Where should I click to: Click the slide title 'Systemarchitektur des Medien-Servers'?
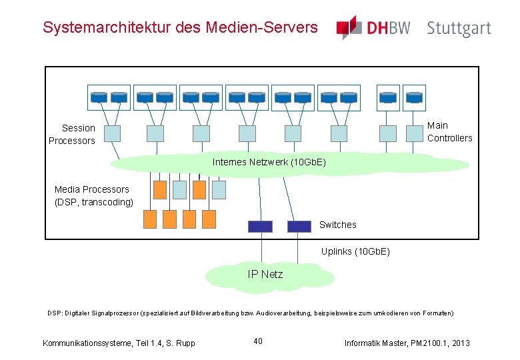pos(180,27)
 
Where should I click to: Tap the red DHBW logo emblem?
pos(348,27)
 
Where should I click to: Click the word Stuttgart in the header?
pos(459,29)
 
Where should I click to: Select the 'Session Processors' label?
pos(72,134)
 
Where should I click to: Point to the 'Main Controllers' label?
pos(449,131)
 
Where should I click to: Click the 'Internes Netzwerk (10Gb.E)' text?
pos(269,162)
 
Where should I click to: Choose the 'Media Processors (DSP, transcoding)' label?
pos(93,195)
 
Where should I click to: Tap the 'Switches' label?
pos(337,225)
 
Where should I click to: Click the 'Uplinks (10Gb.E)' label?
pos(355,251)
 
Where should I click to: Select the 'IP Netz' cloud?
pos(265,274)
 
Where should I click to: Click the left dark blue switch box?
pos(260,226)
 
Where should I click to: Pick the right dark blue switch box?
pos(299,226)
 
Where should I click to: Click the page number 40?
pos(258,341)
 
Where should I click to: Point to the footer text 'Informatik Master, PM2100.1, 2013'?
pos(407,343)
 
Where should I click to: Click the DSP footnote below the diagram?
pos(250,313)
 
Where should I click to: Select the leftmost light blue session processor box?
pos(113,133)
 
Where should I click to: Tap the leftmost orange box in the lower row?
pos(150,218)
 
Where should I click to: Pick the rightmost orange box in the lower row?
pos(209,218)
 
